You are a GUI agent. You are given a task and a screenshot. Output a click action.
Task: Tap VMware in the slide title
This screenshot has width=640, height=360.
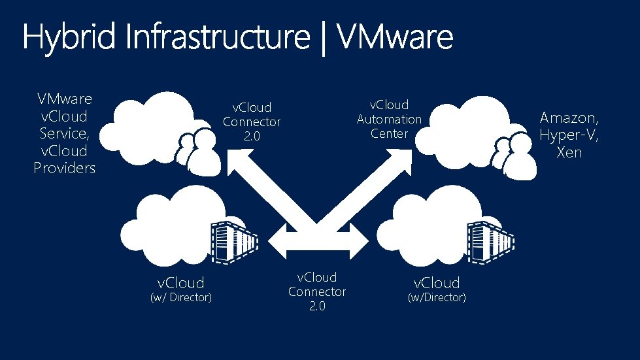(396, 38)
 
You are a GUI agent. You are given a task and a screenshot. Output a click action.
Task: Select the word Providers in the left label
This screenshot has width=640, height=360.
(65, 168)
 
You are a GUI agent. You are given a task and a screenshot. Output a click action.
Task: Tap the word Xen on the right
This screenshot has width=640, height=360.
(569, 153)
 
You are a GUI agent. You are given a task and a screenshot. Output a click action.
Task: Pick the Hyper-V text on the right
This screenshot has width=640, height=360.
(569, 135)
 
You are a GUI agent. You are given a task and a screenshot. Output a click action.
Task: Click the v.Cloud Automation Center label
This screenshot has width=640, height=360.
(389, 119)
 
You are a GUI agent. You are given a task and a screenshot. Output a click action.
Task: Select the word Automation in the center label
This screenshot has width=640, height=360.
(389, 119)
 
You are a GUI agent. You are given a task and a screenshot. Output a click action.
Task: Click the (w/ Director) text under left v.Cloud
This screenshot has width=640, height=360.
(181, 298)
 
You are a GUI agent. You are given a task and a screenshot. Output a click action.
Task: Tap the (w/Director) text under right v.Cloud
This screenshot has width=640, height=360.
(437, 298)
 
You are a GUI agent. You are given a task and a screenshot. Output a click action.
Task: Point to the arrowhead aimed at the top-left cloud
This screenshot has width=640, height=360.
(238, 159)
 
